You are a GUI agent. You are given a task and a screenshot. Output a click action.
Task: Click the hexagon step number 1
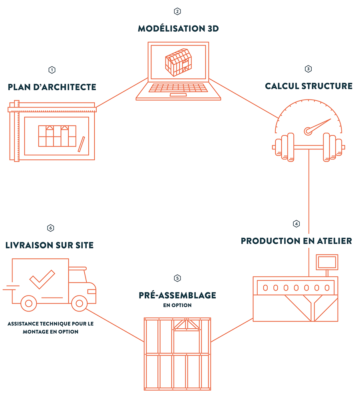point(52,70)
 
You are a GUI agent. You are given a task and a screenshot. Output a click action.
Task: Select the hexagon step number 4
point(296,224)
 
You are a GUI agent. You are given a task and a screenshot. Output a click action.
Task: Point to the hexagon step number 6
point(50,228)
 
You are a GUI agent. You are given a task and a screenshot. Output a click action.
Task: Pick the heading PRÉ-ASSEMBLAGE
point(177,296)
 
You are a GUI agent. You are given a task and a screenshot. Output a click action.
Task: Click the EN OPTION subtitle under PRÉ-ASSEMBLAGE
point(177,305)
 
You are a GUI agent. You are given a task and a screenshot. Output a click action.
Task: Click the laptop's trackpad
point(178,95)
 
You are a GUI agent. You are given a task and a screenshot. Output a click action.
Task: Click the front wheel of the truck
point(79,304)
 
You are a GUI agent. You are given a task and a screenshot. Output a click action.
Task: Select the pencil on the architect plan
point(82,144)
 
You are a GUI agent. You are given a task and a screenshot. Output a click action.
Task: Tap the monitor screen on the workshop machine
point(327,262)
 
